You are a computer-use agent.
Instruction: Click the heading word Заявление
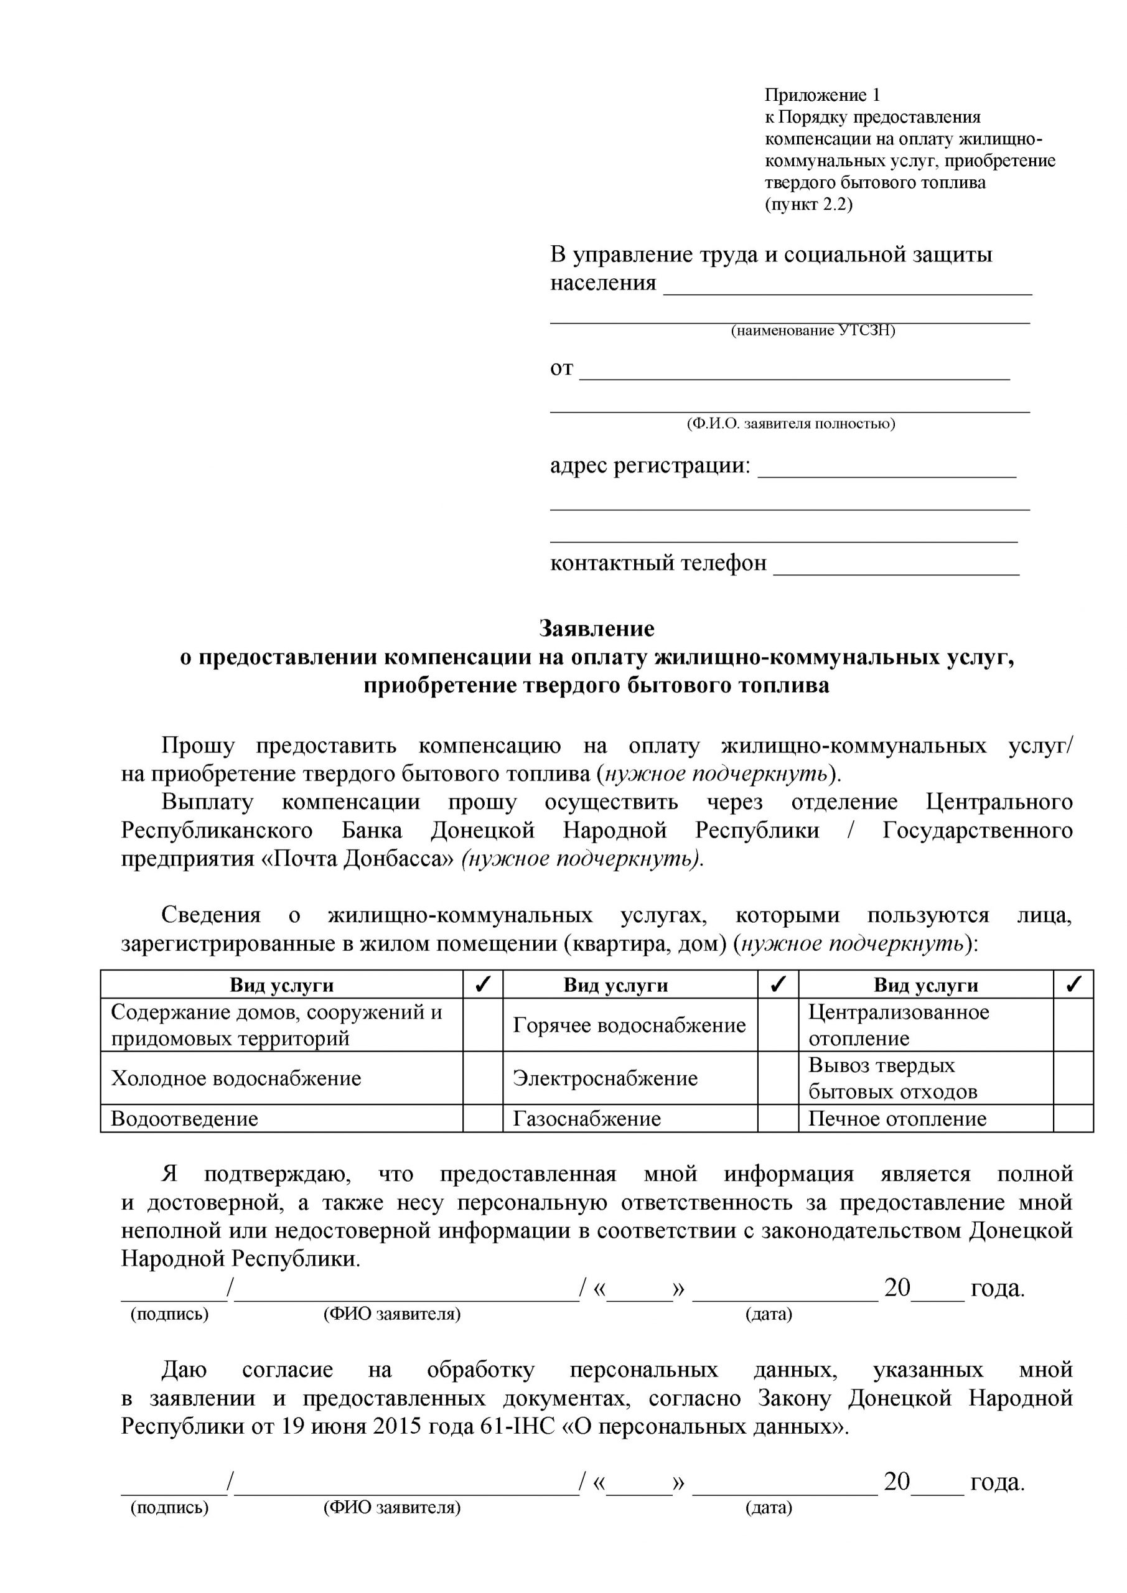[597, 628]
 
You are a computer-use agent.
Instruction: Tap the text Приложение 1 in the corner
[821, 95]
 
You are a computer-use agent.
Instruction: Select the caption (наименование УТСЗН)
[813, 330]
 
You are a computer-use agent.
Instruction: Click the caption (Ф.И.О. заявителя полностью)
[790, 423]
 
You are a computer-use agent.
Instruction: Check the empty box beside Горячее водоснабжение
[778, 1025]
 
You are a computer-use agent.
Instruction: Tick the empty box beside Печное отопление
[1073, 1118]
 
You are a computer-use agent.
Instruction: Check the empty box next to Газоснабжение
[778, 1118]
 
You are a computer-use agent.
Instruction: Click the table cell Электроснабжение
[605, 1078]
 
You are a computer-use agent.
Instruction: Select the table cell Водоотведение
[185, 1118]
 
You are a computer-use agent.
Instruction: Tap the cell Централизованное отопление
[899, 1025]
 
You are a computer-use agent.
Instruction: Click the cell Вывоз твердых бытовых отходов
[892, 1078]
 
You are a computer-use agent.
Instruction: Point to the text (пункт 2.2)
[808, 205]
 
